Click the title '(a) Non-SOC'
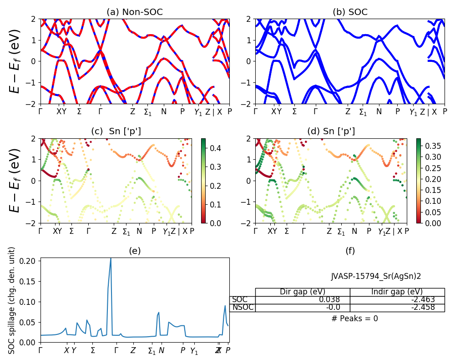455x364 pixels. [135, 12]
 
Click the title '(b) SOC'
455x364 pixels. [350, 12]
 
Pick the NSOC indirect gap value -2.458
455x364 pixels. [422, 308]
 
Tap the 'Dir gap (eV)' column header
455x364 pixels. [303, 292]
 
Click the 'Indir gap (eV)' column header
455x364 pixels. [397, 292]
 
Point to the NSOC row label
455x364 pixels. [243, 308]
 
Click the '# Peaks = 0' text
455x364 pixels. [354, 318]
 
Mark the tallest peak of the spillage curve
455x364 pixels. [111, 258]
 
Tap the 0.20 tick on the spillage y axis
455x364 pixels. [30, 261]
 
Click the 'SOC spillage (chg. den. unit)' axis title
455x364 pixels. [12, 300]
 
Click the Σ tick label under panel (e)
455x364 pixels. [93, 350]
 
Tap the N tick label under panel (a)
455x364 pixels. [164, 111]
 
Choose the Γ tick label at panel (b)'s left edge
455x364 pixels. [256, 111]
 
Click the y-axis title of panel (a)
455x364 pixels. [15, 61]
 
